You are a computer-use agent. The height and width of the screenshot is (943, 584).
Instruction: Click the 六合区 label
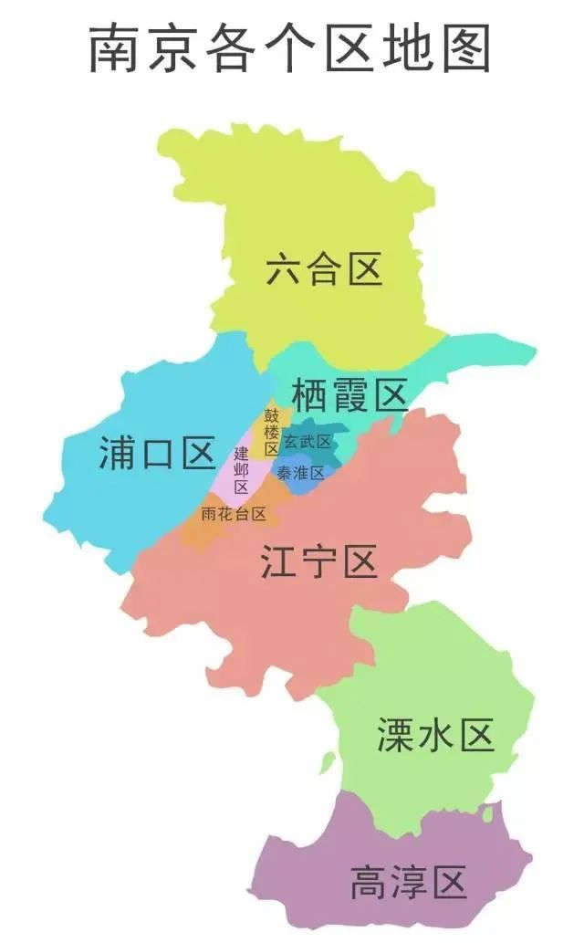pos(324,270)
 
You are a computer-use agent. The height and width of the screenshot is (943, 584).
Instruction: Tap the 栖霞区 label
pos(349,396)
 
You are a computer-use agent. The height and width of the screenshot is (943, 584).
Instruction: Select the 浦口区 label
pos(157,454)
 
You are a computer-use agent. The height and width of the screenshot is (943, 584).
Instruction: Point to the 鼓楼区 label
pos(272,432)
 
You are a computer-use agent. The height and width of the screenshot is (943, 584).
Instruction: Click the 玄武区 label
pos(307,443)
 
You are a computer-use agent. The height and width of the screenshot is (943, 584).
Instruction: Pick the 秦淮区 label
pos(301,473)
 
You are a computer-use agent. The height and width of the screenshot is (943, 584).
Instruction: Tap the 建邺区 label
pos(241,470)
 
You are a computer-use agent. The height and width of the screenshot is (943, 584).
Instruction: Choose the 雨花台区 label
pos(234,514)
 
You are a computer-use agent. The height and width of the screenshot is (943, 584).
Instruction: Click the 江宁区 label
pos(318,562)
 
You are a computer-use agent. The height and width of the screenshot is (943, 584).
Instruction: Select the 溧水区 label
pos(435,736)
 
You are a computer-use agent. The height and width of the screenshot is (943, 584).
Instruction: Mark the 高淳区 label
pos(408,884)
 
